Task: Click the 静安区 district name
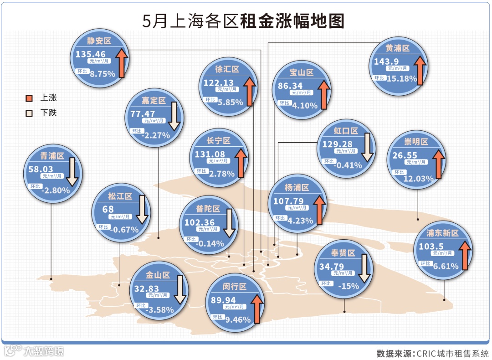pyautogui.click(x=99, y=40)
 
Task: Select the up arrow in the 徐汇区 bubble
pyautogui.click(x=249, y=91)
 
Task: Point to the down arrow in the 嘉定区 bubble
pyautogui.click(x=174, y=116)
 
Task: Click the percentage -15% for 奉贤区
pyautogui.click(x=349, y=286)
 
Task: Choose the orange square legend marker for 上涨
pyautogui.click(x=29, y=98)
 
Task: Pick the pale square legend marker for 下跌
pyautogui.click(x=29, y=113)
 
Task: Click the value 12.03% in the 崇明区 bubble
pyautogui.click(x=418, y=179)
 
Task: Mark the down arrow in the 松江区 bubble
pyautogui.click(x=142, y=210)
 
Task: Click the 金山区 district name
pyautogui.click(x=158, y=275)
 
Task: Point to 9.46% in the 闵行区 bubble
pyautogui.click(x=238, y=319)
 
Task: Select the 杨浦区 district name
pyautogui.click(x=297, y=187)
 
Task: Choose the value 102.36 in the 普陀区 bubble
pyautogui.click(x=199, y=223)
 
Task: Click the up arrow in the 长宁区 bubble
pyautogui.click(x=241, y=162)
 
